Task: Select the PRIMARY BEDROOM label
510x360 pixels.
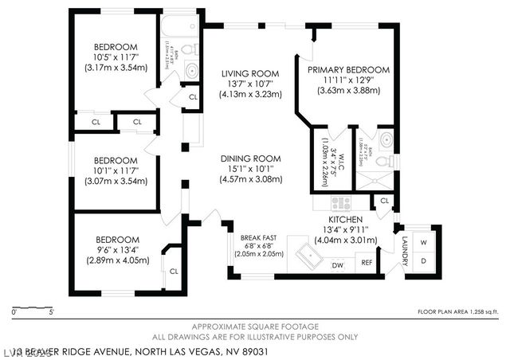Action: point(348,70)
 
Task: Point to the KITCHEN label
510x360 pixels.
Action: point(346,219)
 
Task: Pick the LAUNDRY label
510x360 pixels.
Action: point(405,252)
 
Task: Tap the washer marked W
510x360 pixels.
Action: point(424,241)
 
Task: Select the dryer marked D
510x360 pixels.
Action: point(424,261)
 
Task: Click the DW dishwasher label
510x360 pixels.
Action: point(337,264)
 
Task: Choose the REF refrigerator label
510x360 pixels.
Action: point(367,263)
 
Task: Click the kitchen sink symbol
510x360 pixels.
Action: point(308,255)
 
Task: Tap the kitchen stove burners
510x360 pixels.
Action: point(341,203)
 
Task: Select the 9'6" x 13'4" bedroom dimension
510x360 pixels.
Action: point(118,249)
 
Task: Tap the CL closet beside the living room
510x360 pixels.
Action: point(193,97)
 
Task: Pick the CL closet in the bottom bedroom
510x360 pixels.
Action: point(173,271)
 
